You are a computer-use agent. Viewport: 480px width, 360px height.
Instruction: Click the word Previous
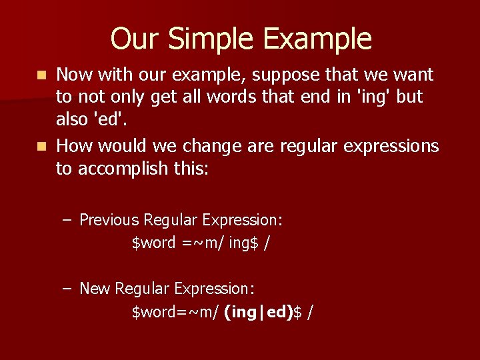coord(109,219)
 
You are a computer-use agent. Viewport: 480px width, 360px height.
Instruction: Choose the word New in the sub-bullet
coord(95,288)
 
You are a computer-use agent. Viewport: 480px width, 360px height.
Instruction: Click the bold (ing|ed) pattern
coord(259,311)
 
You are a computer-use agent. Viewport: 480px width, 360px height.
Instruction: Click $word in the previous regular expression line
coord(154,243)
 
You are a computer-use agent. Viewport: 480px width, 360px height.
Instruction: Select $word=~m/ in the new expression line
coord(175,311)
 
